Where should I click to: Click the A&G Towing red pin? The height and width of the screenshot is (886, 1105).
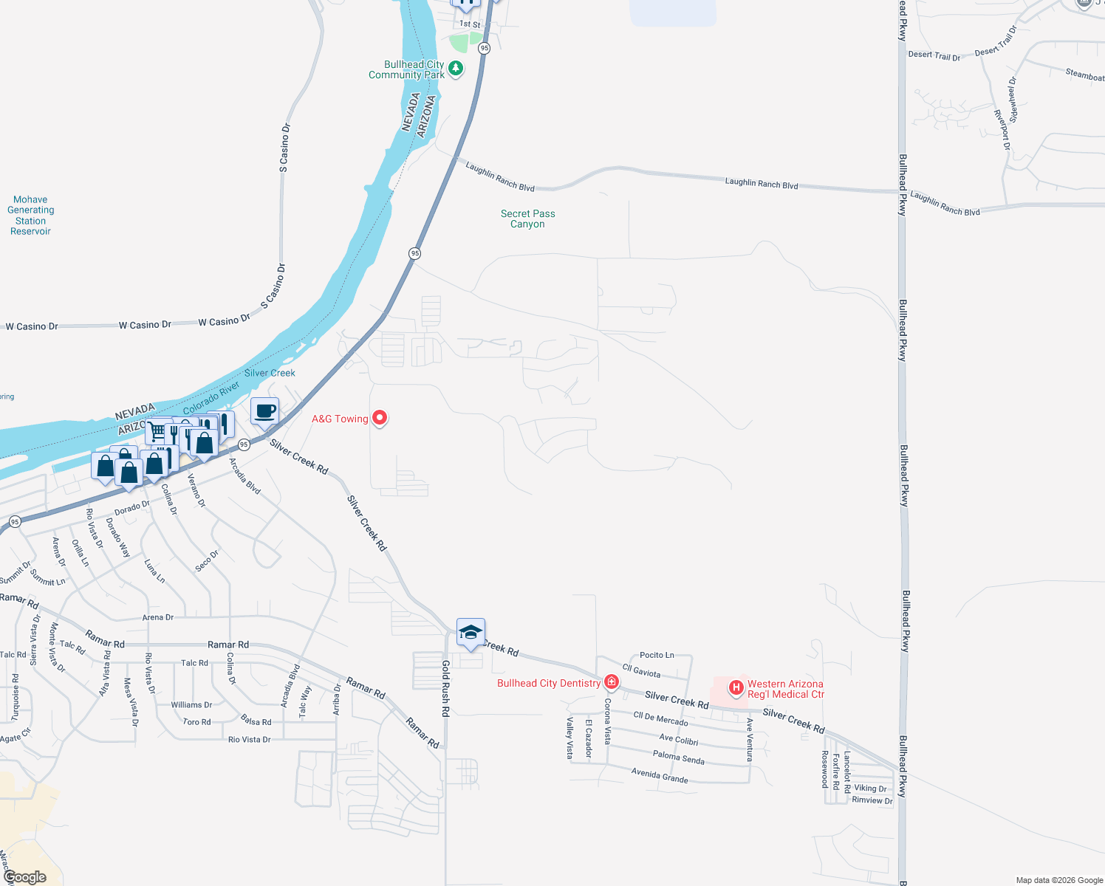[x=380, y=418]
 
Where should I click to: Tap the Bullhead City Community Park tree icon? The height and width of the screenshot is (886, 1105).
[x=456, y=69]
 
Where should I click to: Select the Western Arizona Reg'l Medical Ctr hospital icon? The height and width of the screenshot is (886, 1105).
[x=736, y=688]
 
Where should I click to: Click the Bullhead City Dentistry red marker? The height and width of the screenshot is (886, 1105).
[x=611, y=681]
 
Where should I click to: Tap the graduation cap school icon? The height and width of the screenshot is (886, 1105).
[x=471, y=633]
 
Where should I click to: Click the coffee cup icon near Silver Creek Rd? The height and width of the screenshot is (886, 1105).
[x=264, y=411]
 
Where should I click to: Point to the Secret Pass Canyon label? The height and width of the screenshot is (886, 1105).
[x=527, y=219]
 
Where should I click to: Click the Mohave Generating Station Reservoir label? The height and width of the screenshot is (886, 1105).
[x=30, y=215]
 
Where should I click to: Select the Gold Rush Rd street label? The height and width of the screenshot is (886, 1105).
[x=445, y=689]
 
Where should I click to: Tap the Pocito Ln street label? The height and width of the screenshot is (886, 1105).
[x=657, y=655]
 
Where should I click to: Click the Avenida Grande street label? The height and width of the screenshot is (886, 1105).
[x=660, y=775]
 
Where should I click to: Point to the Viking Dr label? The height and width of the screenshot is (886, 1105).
[x=870, y=789]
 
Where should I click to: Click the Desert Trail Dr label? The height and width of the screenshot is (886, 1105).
[x=934, y=55]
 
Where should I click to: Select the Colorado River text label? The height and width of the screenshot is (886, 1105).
[x=211, y=397]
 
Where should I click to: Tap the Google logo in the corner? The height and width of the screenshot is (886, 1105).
[x=25, y=877]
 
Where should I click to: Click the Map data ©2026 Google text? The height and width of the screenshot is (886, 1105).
[x=1059, y=880]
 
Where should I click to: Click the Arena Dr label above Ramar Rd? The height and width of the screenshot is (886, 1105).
[x=157, y=617]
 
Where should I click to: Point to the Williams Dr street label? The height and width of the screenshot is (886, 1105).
[x=191, y=704]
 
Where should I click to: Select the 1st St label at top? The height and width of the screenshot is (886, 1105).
[x=470, y=24]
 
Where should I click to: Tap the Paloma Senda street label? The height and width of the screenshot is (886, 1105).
[x=679, y=757]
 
